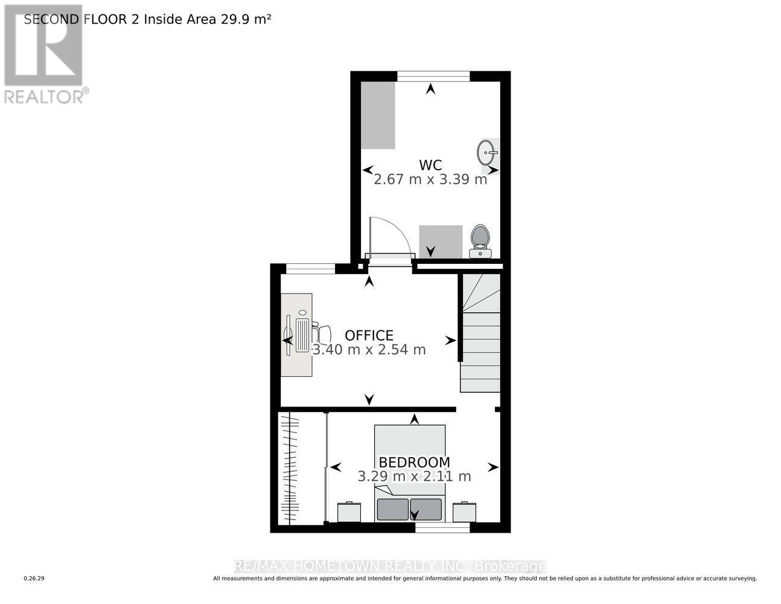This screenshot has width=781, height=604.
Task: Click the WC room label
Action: (430, 165)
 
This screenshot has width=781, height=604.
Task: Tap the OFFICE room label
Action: (369, 335)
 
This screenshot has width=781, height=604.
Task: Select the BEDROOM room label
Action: (414, 462)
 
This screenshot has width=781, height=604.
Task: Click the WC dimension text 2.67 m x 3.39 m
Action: (430, 179)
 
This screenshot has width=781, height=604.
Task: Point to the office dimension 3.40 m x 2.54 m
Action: (369, 350)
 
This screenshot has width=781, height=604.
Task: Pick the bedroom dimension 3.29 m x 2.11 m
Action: (414, 476)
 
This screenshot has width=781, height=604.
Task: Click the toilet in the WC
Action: (480, 240)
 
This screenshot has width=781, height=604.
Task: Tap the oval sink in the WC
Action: (486, 152)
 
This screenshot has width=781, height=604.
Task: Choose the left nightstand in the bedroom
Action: (349, 512)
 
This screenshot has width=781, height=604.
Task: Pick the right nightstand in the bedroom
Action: (464, 512)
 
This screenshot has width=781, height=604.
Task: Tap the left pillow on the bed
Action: (392, 509)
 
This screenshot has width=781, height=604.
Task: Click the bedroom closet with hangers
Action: (291, 468)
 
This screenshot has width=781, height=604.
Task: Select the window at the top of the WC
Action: (433, 75)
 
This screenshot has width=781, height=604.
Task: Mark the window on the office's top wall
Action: (310, 269)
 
